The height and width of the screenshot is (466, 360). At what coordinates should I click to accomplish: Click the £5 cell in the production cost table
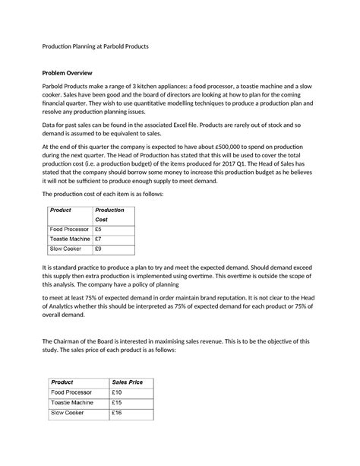[99, 228]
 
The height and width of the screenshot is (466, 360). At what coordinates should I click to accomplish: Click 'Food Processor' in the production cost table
[68, 228]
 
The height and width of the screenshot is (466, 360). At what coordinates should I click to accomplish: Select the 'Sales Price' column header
[127, 382]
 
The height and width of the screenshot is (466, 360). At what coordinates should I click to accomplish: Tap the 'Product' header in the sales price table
[62, 382]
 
